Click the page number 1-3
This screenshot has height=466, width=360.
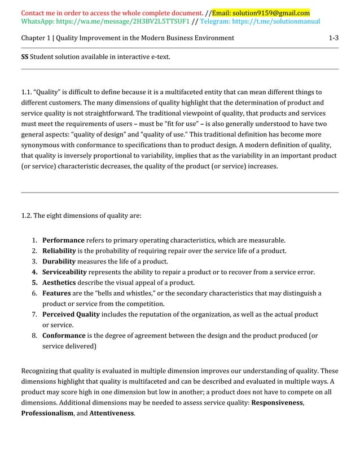(x=333, y=38)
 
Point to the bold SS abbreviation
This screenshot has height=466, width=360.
(x=25, y=57)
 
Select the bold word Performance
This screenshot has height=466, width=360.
(x=63, y=240)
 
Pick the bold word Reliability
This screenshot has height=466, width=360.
(x=61, y=250)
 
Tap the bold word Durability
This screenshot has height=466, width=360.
(x=59, y=261)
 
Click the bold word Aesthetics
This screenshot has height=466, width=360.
(x=60, y=282)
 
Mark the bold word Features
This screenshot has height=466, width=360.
(x=56, y=293)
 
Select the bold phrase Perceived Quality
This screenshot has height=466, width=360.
(x=71, y=314)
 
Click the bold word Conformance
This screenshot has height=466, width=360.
(x=64, y=336)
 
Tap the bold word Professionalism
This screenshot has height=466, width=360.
(x=47, y=414)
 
